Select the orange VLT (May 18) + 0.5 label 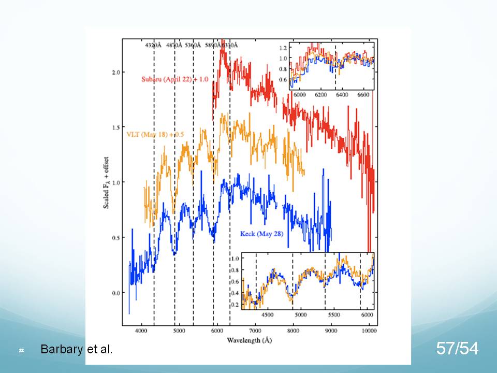tap(155, 135)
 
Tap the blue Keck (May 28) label tap(261, 233)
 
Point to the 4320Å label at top tap(154, 46)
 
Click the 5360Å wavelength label tap(194, 46)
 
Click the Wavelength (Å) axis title tap(250, 340)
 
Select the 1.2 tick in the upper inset tap(283, 48)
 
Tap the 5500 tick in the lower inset tap(334, 314)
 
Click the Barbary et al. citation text tap(76, 349)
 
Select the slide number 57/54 tap(457, 349)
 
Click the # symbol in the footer tap(22, 351)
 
